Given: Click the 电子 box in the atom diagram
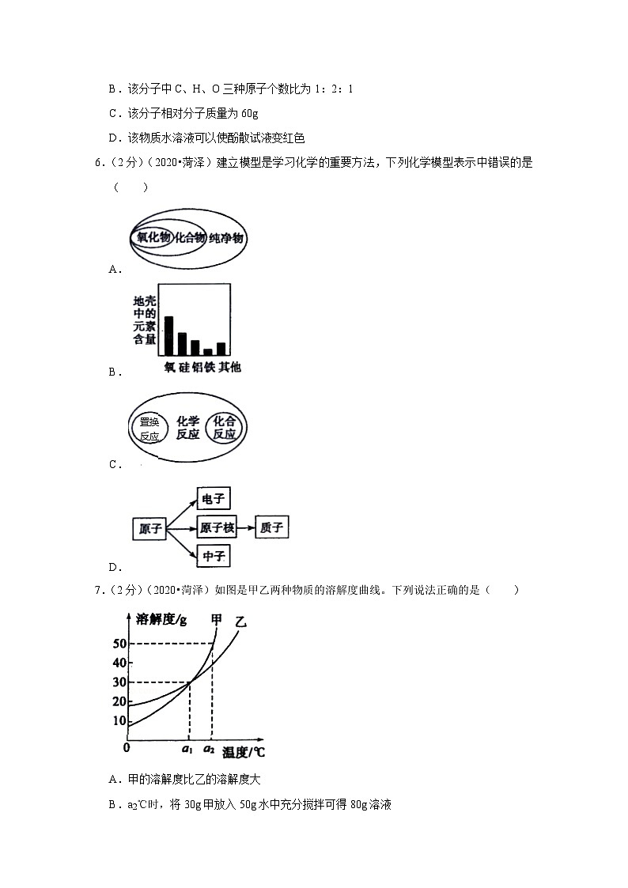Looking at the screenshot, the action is (x=214, y=499).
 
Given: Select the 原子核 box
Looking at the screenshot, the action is (x=215, y=528).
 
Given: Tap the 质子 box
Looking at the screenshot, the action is (x=271, y=528).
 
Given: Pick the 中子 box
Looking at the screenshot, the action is (x=214, y=557).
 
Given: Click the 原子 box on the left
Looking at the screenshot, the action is (x=149, y=529).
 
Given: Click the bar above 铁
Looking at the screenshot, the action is (x=208, y=352).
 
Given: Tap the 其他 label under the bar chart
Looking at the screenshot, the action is (x=229, y=367).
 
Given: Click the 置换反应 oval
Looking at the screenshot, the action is (x=149, y=428).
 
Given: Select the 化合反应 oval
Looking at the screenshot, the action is (x=225, y=428).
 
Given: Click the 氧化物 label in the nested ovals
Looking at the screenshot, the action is (x=152, y=237).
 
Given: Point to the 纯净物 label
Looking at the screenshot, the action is (x=227, y=238).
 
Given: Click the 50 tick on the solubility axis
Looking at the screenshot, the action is (x=119, y=644).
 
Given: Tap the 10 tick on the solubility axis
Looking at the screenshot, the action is (x=119, y=720).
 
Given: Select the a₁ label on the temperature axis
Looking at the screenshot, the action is (x=187, y=748).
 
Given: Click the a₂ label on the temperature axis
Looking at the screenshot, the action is (x=209, y=748).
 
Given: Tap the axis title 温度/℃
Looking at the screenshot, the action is (x=243, y=752).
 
